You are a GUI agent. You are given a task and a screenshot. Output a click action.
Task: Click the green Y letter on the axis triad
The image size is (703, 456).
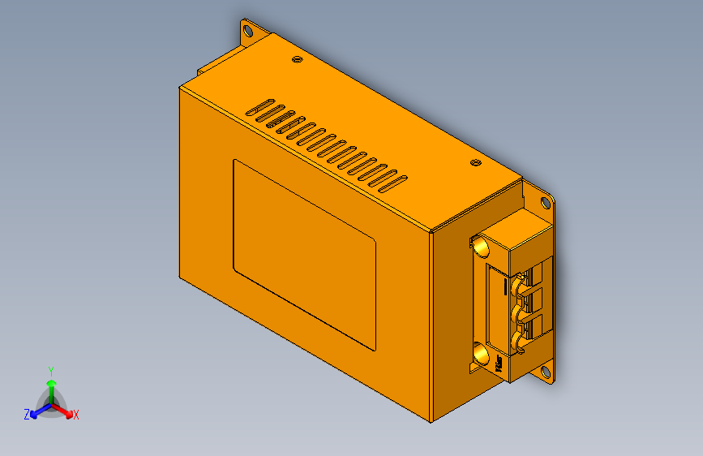pos(50,370)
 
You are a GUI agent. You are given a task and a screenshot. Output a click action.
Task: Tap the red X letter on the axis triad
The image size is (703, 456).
pos(76,415)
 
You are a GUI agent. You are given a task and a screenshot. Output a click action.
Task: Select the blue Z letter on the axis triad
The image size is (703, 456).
pos(27,414)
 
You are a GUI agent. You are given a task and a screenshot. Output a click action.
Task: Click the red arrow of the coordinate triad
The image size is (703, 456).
pos(65,409)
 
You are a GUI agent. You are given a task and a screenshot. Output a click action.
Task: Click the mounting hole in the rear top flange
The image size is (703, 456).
pos(248,32)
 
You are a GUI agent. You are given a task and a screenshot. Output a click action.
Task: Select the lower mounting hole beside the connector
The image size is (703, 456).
pos(546,372)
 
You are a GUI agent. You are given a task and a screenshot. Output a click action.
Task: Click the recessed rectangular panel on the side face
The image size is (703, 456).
pos(304,254)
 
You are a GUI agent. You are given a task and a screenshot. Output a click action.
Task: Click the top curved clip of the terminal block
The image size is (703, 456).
pos(518,282)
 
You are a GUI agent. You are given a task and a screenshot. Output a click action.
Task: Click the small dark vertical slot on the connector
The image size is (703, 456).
pos(506,286)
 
